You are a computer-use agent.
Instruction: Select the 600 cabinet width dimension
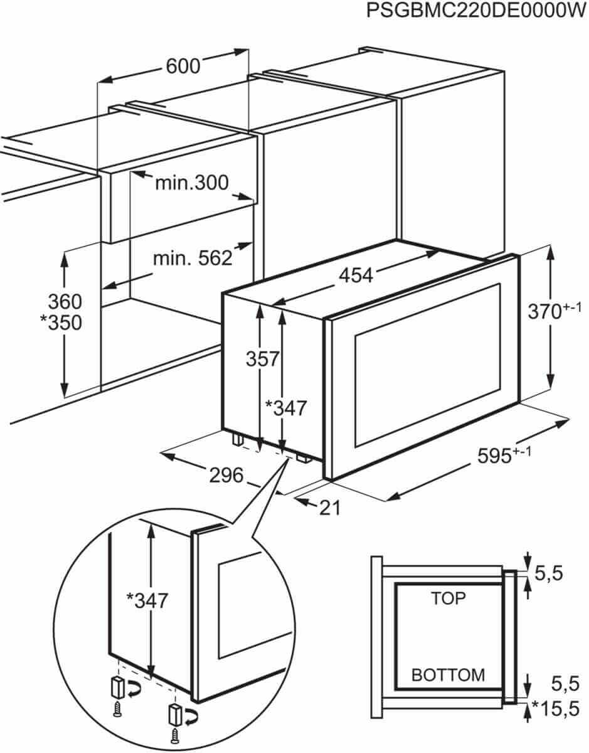(x=183, y=66)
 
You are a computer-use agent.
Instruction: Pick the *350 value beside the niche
(x=61, y=323)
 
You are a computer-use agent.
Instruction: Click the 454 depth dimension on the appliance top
(x=356, y=275)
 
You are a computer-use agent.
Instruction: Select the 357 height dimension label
(x=262, y=359)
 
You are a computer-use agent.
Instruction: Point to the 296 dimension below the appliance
(x=225, y=476)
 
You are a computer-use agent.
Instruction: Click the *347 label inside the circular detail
(x=147, y=601)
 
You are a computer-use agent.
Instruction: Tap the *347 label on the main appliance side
(x=286, y=408)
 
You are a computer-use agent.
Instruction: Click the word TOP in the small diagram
(x=448, y=598)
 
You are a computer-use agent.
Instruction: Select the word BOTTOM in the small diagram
(x=448, y=675)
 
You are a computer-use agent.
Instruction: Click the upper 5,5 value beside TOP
(x=549, y=573)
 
